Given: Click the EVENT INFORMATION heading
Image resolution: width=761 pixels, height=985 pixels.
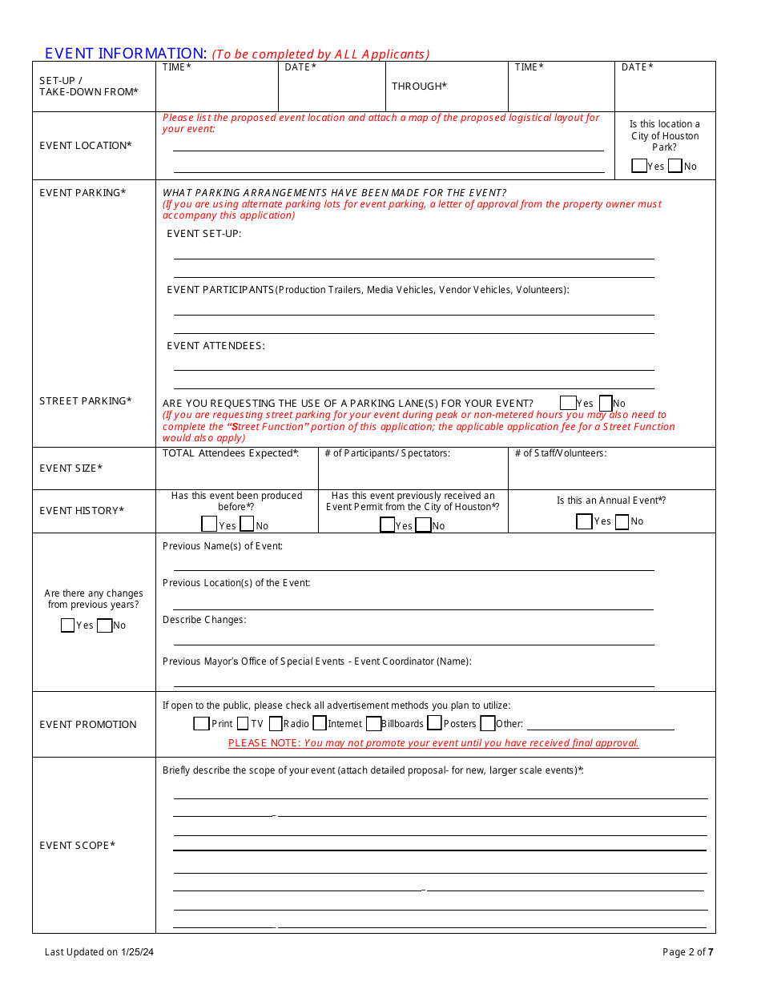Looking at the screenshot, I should pyautogui.click(x=126, y=54).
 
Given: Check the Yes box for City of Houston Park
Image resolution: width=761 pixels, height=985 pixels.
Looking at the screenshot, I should pyautogui.click(x=639, y=166).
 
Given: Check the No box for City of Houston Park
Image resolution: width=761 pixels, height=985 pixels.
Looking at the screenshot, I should pyautogui.click(x=675, y=166).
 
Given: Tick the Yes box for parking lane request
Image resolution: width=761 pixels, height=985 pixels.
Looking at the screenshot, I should pyautogui.click(x=568, y=403).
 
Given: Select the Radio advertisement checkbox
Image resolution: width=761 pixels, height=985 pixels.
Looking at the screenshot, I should pyautogui.click(x=276, y=723).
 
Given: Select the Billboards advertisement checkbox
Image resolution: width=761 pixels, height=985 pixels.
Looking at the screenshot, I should pyautogui.click(x=373, y=723).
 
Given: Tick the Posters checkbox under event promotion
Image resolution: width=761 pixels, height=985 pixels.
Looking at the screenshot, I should pyautogui.click(x=434, y=723).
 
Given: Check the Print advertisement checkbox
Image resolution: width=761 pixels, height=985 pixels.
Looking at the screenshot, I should pyautogui.click(x=202, y=723).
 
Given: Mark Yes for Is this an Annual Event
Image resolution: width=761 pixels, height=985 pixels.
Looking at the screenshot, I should pyautogui.click(x=584, y=521).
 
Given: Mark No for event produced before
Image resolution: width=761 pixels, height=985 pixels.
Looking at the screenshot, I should pyautogui.click(x=248, y=525).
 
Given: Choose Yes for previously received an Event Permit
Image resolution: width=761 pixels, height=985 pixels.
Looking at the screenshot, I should pyautogui.click(x=387, y=525).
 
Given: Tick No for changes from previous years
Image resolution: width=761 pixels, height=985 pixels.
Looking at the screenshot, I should pyautogui.click(x=104, y=625).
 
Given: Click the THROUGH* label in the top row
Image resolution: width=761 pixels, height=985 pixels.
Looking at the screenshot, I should pyautogui.click(x=419, y=86).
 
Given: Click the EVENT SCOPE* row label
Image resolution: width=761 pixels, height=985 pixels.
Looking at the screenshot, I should pyautogui.click(x=78, y=846).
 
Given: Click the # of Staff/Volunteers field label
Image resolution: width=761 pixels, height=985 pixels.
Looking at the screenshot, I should pyautogui.click(x=561, y=454).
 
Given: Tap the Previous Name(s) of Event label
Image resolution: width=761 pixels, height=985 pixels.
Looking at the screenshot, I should pyautogui.click(x=223, y=546).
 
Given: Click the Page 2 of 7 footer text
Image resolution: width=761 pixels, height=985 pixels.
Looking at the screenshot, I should pyautogui.click(x=687, y=952).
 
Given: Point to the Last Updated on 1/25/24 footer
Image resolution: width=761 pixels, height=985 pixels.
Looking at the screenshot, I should pyautogui.click(x=99, y=952).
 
